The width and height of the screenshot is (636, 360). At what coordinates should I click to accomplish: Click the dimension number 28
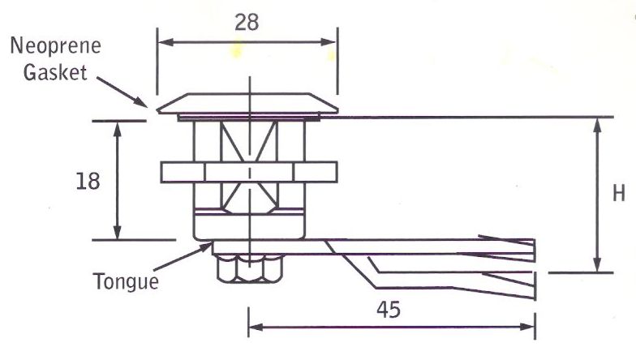click(247, 22)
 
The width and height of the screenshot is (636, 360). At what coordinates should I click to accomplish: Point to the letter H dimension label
click(619, 195)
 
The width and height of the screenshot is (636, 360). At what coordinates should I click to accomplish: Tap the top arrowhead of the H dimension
click(598, 122)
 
